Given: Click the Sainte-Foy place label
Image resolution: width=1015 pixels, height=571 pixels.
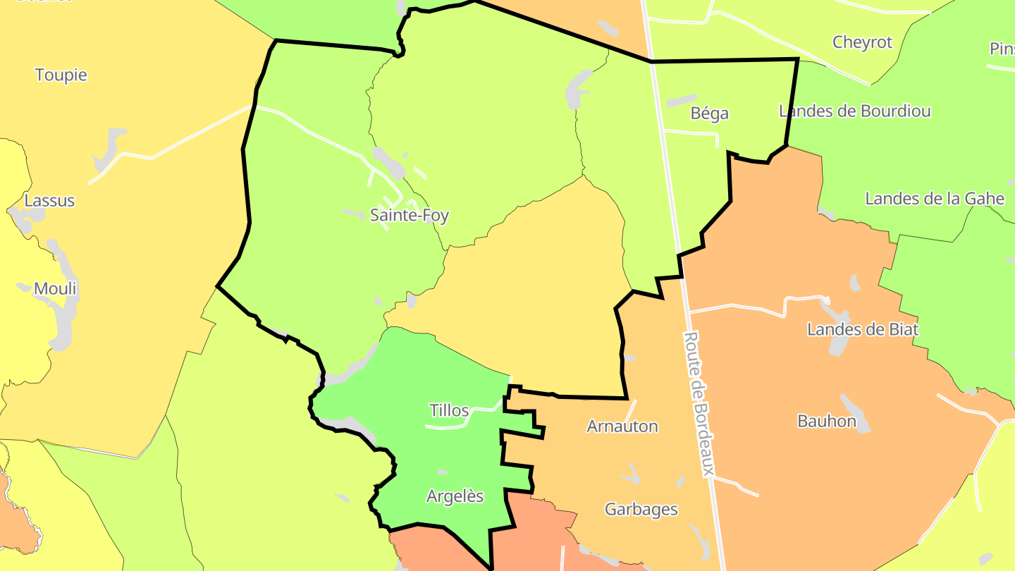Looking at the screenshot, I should point(410,216).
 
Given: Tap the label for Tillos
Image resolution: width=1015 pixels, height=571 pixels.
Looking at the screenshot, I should point(449,410).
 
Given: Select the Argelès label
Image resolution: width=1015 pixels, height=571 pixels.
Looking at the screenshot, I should point(455,496).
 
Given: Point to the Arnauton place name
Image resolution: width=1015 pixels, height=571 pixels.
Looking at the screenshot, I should point(622,426).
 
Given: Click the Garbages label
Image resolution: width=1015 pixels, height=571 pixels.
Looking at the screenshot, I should point(641,509).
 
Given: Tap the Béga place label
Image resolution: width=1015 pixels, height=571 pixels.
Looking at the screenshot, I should point(709,113).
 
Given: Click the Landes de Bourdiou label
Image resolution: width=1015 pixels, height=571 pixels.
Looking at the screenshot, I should point(854,111).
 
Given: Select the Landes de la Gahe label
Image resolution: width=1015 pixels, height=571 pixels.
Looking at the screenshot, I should point(935,198).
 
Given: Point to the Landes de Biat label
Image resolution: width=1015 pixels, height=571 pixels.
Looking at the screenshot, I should point(863,329).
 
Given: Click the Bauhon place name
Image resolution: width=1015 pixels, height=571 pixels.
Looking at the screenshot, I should point(827,422).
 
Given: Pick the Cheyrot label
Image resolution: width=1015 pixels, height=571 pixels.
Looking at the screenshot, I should point(862,42).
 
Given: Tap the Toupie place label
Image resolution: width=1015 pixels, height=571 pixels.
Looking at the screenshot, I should point(61,75).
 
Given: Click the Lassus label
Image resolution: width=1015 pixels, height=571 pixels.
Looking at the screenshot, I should point(49,200).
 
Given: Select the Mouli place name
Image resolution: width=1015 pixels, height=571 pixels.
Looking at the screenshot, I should point(55,288).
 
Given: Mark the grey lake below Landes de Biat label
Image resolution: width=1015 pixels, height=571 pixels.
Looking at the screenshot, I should point(839,343).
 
